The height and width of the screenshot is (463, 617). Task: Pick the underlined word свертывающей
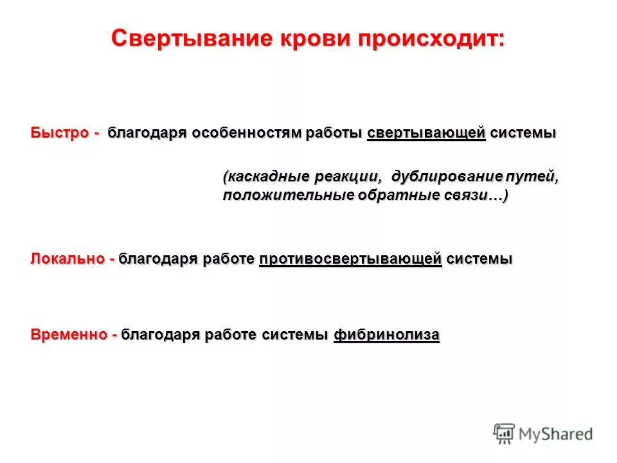pos(426,133)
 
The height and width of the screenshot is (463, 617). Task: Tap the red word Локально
pos(67,259)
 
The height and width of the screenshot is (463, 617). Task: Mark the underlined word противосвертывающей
pos(350,259)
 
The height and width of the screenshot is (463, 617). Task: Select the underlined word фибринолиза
pos(386,335)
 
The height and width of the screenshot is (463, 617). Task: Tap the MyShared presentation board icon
pos(505,433)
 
